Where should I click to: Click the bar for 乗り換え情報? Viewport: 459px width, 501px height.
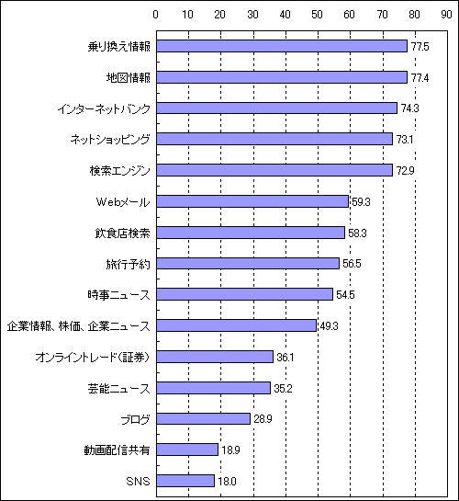point(282,46)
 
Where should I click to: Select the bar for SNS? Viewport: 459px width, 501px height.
point(185,481)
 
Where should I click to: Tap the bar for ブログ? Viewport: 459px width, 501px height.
point(203,418)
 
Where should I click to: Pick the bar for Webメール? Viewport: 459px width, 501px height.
point(252,201)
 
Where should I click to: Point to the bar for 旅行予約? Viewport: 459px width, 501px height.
point(248,263)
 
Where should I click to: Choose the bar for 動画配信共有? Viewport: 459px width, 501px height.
point(187,450)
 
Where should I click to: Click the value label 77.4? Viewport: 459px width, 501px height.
point(420,77)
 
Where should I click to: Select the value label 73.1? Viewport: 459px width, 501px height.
point(405,140)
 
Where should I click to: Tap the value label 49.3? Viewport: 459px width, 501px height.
point(329,326)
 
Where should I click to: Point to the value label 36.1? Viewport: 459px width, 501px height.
point(285,358)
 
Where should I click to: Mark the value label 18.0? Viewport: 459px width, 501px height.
point(227,481)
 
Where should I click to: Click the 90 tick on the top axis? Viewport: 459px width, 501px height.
point(446,15)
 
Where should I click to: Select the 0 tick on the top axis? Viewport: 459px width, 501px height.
point(156,15)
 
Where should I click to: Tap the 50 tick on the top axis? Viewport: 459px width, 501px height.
point(317,15)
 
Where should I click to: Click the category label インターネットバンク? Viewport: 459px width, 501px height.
point(104,109)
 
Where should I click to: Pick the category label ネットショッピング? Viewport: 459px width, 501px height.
point(110,140)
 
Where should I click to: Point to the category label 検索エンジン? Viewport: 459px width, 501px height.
point(119,171)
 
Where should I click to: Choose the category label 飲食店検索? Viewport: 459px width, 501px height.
point(122,233)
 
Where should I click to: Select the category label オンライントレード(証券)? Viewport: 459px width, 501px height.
point(93,357)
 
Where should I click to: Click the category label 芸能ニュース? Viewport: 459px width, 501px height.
point(119,388)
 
